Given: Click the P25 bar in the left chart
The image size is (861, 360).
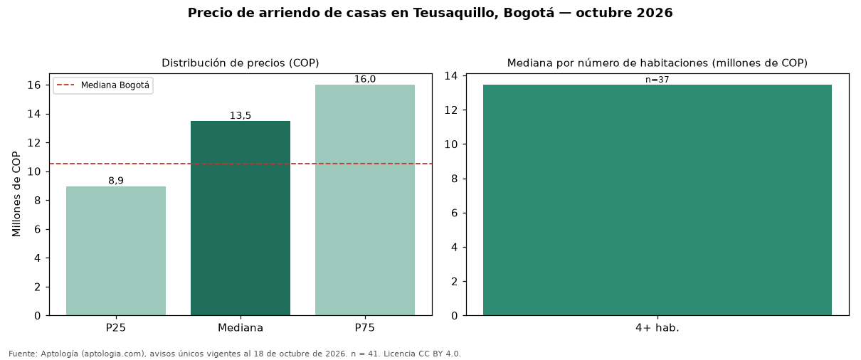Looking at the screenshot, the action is pyautogui.click(x=116, y=251).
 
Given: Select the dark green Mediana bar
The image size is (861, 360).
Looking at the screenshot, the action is pyautogui.click(x=241, y=218).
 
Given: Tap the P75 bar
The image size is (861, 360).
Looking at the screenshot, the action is pyautogui.click(x=365, y=200).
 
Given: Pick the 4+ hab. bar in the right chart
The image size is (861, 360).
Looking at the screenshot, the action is pyautogui.click(x=657, y=200).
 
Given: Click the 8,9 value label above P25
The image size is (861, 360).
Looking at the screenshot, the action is pyautogui.click(x=116, y=181).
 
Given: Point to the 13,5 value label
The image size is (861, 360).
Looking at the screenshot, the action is pyautogui.click(x=241, y=115).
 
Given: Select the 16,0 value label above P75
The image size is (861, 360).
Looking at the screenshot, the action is pyautogui.click(x=365, y=79).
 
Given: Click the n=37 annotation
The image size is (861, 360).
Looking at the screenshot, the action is pyautogui.click(x=657, y=80).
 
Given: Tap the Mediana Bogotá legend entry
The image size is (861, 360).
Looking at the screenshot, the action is pyautogui.click(x=103, y=85).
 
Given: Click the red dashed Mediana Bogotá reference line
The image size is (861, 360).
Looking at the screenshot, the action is pyautogui.click(x=241, y=164).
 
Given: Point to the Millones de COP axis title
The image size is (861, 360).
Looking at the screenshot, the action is pyautogui.click(x=16, y=194).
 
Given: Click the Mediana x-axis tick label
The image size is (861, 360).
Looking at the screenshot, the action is pyautogui.click(x=241, y=328).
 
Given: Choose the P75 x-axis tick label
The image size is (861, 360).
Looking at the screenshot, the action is pyautogui.click(x=365, y=328).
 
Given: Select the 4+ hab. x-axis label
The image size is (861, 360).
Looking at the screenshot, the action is pyautogui.click(x=657, y=328).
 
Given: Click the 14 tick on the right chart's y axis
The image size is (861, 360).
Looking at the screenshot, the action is pyautogui.click(x=451, y=75).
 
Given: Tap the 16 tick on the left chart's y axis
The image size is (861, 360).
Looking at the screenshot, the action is pyautogui.click(x=34, y=85).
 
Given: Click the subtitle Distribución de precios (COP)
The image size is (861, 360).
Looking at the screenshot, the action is pyautogui.click(x=241, y=63).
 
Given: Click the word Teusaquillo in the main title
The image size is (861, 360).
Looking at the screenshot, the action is pyautogui.click(x=456, y=13).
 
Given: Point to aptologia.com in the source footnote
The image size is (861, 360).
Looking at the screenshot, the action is pyautogui.click(x=115, y=354).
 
